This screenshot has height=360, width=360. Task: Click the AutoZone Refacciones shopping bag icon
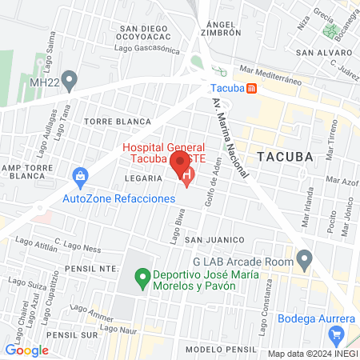click(x=79, y=176)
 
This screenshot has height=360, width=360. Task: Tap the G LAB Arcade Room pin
click(x=303, y=258)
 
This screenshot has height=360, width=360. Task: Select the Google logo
click(x=26, y=350)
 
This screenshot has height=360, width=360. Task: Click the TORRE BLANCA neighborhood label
click(x=118, y=122)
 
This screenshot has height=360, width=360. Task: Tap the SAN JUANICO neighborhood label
click(x=214, y=240)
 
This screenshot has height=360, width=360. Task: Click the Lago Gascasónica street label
click(x=146, y=48)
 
